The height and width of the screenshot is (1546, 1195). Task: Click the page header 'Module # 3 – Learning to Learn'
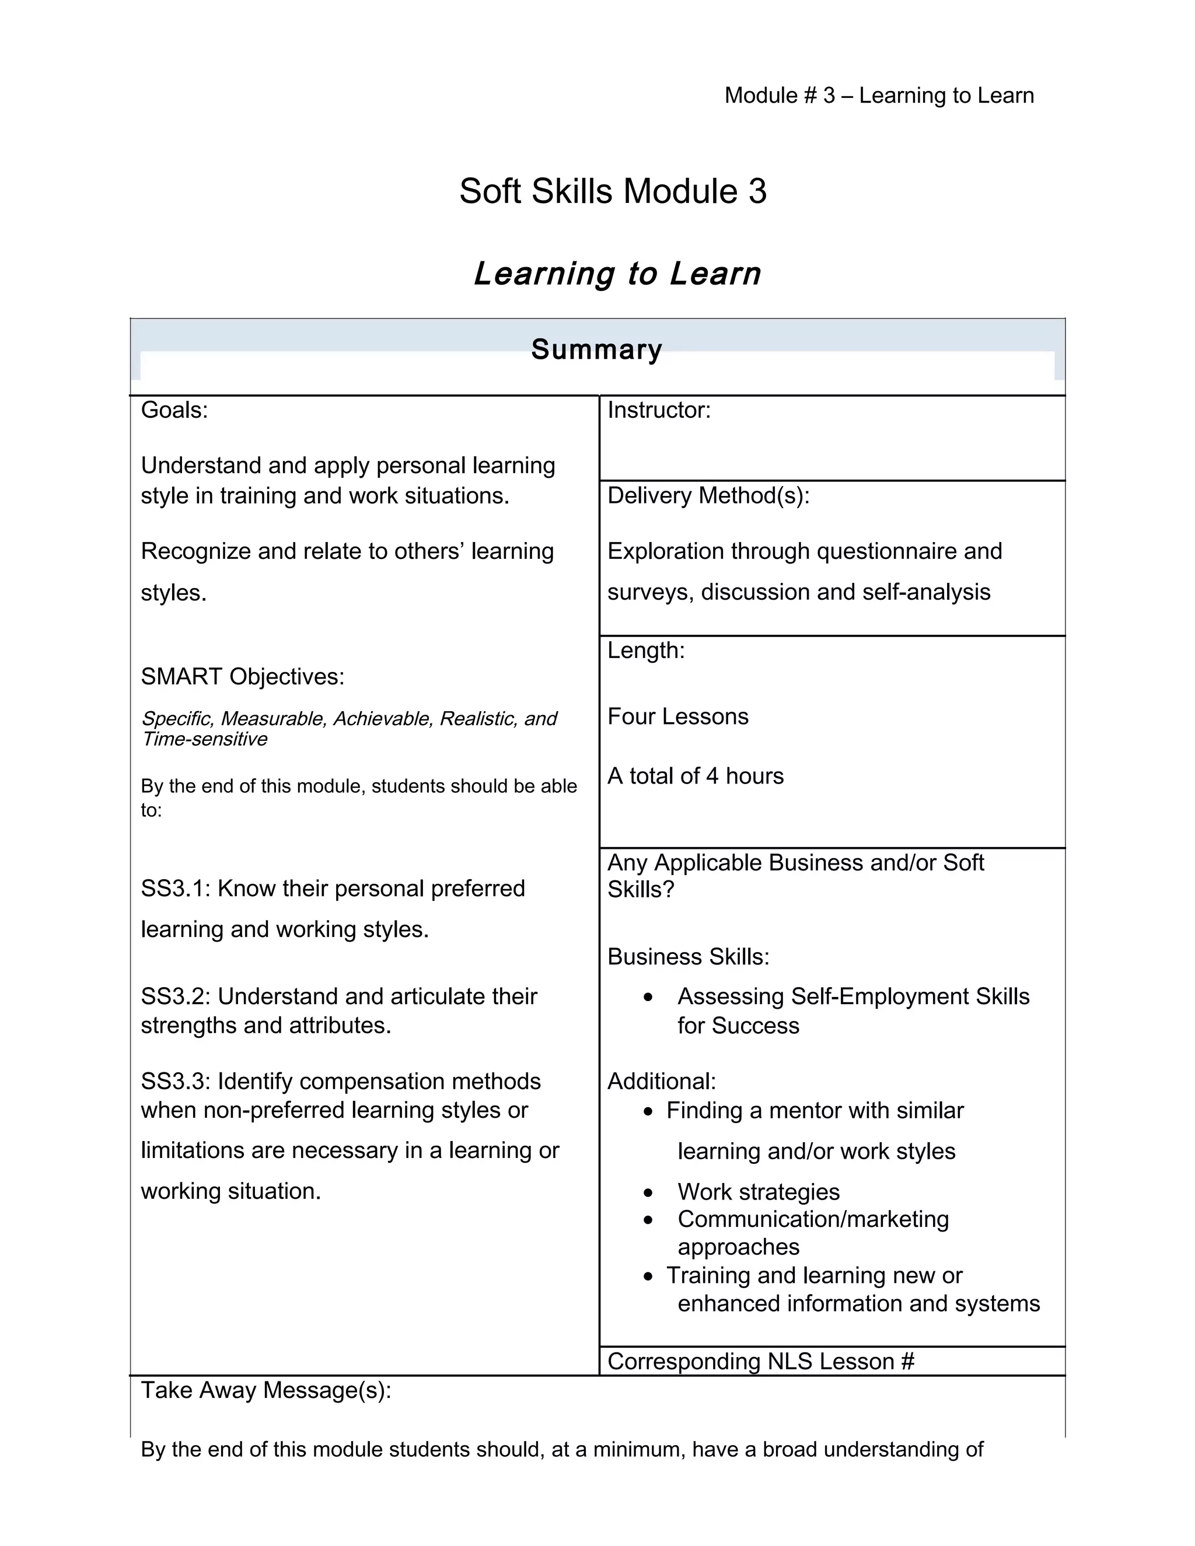pos(879,96)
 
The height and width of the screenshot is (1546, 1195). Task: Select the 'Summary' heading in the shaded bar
pos(597,349)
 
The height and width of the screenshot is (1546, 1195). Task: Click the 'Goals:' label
pos(174,410)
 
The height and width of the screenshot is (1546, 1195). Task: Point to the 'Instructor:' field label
pos(658,410)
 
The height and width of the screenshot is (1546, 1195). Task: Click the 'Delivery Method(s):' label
pos(708,495)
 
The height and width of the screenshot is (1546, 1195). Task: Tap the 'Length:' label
pos(646,650)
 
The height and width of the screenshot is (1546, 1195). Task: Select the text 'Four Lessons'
pos(677,716)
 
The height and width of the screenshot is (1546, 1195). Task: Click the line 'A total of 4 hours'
pos(695,776)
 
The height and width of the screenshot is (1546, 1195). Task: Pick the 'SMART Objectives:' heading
pos(242,677)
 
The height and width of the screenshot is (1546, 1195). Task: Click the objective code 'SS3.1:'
pos(176,889)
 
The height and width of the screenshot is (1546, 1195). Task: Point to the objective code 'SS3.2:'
pos(176,996)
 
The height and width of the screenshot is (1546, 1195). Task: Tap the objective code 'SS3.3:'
pos(176,1081)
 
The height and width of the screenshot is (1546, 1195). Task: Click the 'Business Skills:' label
pos(688,956)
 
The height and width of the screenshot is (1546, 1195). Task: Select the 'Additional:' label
pos(661,1081)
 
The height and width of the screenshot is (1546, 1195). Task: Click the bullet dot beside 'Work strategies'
pos(648,1194)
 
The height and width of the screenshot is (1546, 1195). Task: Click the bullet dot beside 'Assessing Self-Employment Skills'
pos(648,998)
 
